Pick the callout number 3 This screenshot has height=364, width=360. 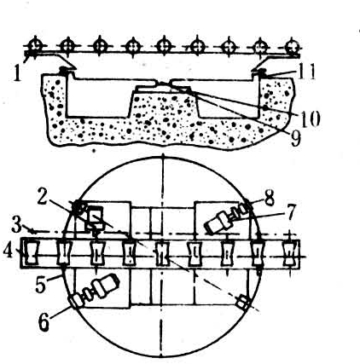[x=16, y=226]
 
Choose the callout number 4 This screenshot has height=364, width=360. [x=9, y=251]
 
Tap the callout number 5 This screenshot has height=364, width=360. [x=41, y=285]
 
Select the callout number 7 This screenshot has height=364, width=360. [x=290, y=212]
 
